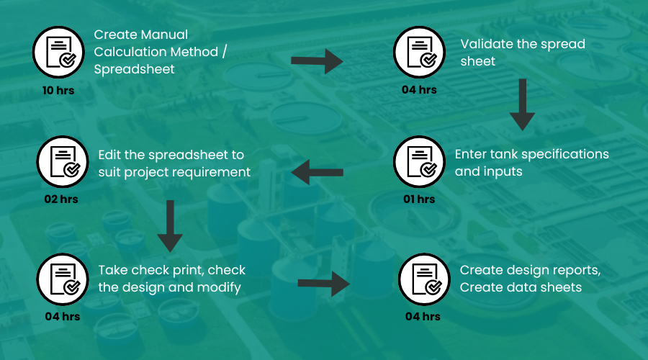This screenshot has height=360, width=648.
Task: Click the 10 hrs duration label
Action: coord(58,91)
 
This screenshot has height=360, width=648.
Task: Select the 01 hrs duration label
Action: coord(419,199)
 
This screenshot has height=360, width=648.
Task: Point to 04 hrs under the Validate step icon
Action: coord(419,90)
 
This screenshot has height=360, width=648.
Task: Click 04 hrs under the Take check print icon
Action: coord(62,316)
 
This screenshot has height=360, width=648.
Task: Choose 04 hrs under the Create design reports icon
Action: coord(423,316)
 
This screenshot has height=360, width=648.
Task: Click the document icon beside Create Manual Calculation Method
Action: coord(58,53)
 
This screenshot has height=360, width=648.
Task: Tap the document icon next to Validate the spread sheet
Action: coord(419,53)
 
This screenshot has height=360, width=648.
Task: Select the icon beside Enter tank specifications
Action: coord(419,162)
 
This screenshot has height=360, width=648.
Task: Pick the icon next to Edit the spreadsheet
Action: coord(62,162)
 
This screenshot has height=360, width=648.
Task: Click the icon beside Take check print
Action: coord(62,280)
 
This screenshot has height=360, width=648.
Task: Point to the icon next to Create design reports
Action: coord(423,280)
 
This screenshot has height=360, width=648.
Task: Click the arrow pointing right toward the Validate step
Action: coord(318,61)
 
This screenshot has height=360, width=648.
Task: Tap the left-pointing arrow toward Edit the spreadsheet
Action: coord(317,172)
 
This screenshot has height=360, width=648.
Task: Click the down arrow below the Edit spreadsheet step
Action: coord(170,225)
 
